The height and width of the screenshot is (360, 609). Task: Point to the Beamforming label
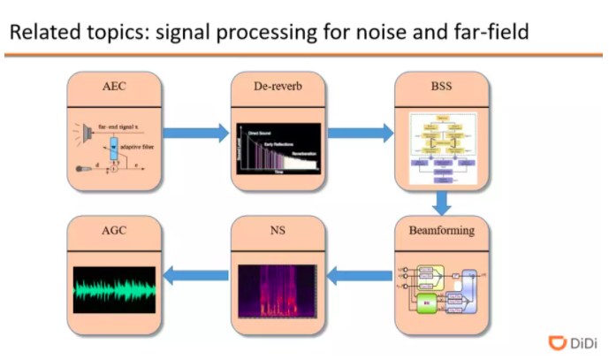440,231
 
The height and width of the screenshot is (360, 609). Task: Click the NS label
278,231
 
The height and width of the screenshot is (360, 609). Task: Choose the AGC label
115,231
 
